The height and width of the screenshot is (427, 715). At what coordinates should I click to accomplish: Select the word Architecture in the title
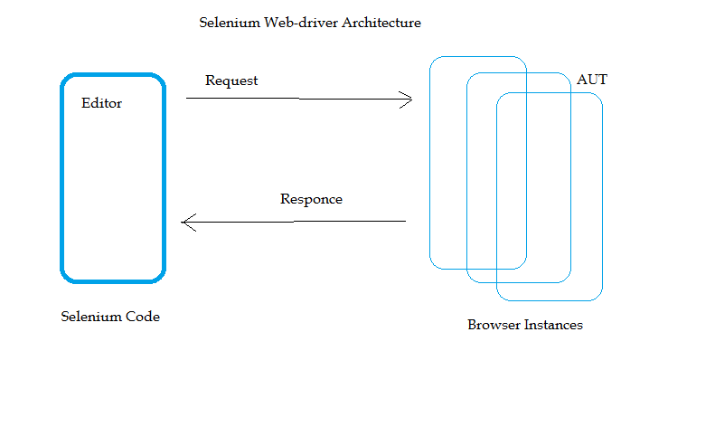pos(381,23)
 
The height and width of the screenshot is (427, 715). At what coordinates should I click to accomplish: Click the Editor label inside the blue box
pos(101,103)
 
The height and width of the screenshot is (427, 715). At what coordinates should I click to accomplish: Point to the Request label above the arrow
pos(231,81)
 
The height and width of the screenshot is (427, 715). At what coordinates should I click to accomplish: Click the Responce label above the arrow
pos(311,199)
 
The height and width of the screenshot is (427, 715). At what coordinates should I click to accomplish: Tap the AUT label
pos(592,80)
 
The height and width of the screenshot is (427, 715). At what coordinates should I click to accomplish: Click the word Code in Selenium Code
pos(142,317)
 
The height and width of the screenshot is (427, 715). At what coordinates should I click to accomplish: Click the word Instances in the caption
pos(553,325)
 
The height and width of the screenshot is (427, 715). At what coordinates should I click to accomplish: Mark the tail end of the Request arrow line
pos(187,98)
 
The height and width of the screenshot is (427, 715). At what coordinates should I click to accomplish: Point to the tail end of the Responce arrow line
pos(405,221)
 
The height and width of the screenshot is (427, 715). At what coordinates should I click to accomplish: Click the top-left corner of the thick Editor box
pos(65,79)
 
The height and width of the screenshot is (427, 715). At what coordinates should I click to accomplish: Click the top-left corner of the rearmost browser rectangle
pos(433,60)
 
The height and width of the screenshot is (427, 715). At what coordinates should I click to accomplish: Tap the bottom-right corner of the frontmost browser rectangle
pos(599,297)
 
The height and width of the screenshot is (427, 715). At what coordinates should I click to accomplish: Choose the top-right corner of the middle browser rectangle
pos(568,76)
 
